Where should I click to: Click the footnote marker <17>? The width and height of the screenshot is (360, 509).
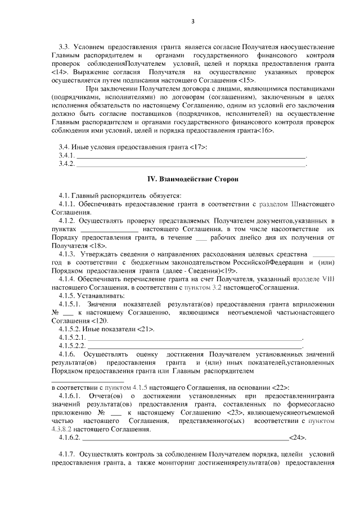pos(199,147)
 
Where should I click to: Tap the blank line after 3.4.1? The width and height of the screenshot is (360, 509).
pos(191,156)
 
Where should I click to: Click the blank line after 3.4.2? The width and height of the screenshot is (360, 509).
pos(191,164)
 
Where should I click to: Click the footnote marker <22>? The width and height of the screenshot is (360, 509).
pos(280,388)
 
